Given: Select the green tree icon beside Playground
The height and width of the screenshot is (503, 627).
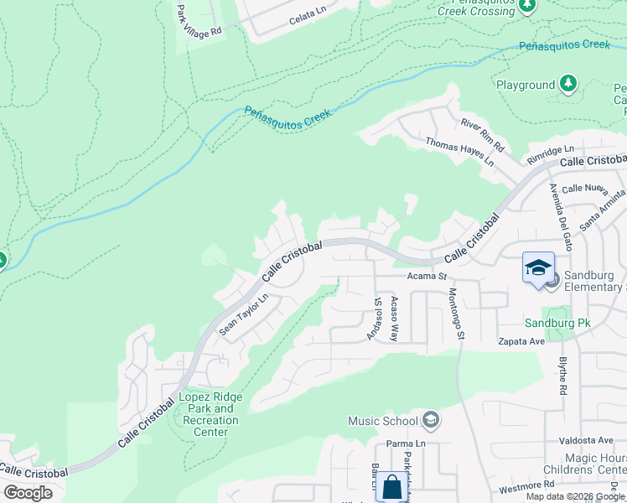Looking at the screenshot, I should pyautogui.click(x=569, y=83).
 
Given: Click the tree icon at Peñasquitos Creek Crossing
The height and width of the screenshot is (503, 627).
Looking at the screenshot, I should pyautogui.click(x=526, y=7).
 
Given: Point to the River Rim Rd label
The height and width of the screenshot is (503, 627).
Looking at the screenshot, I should pyautogui.click(x=482, y=134).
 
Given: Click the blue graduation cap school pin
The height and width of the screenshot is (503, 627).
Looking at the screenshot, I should pyautogui.click(x=537, y=268).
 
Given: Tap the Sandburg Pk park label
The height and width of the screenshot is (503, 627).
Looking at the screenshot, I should pyautogui.click(x=552, y=323).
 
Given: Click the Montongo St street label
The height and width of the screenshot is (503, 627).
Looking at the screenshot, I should pyautogui.click(x=456, y=314).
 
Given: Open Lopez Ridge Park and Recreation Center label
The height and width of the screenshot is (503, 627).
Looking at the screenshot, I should pyautogui.click(x=210, y=414).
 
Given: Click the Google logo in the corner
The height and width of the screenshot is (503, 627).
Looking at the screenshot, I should pyautogui.click(x=28, y=493).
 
